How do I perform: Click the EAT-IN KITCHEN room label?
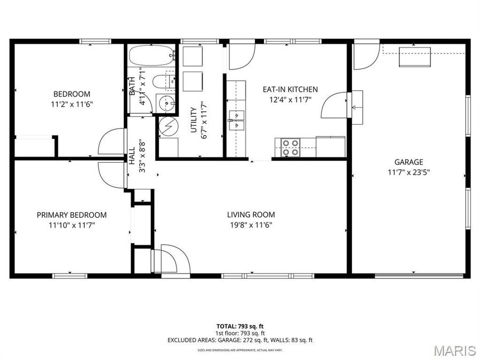290,90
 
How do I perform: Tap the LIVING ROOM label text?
251,215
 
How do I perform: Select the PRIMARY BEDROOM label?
71,215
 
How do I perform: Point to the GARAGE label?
409,162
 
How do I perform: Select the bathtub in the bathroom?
151,54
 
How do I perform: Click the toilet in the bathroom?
163,82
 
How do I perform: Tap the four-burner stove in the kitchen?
291,147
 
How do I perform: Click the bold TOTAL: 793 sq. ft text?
239,326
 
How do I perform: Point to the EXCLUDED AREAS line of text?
239,340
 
